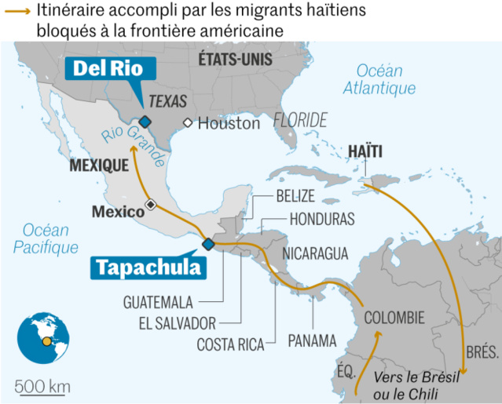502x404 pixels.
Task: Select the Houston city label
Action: pyautogui.click(x=229, y=124)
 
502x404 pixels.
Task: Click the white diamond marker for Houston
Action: pyautogui.click(x=189, y=123)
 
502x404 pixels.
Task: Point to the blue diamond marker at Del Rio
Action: pyautogui.click(x=145, y=121)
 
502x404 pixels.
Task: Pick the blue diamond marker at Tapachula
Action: pyautogui.click(x=207, y=244)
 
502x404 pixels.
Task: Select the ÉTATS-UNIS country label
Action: pyautogui.click(x=235, y=60)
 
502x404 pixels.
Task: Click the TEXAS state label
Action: pyautogui.click(x=168, y=101)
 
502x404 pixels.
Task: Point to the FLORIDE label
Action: pyautogui.click(x=300, y=120)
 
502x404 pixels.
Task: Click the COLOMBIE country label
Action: pyautogui.click(x=394, y=318)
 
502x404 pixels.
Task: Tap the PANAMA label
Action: pyautogui.click(x=312, y=340)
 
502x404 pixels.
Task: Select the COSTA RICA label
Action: pyautogui.click(x=230, y=343)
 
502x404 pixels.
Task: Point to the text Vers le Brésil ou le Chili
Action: pyautogui.click(x=416, y=383)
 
